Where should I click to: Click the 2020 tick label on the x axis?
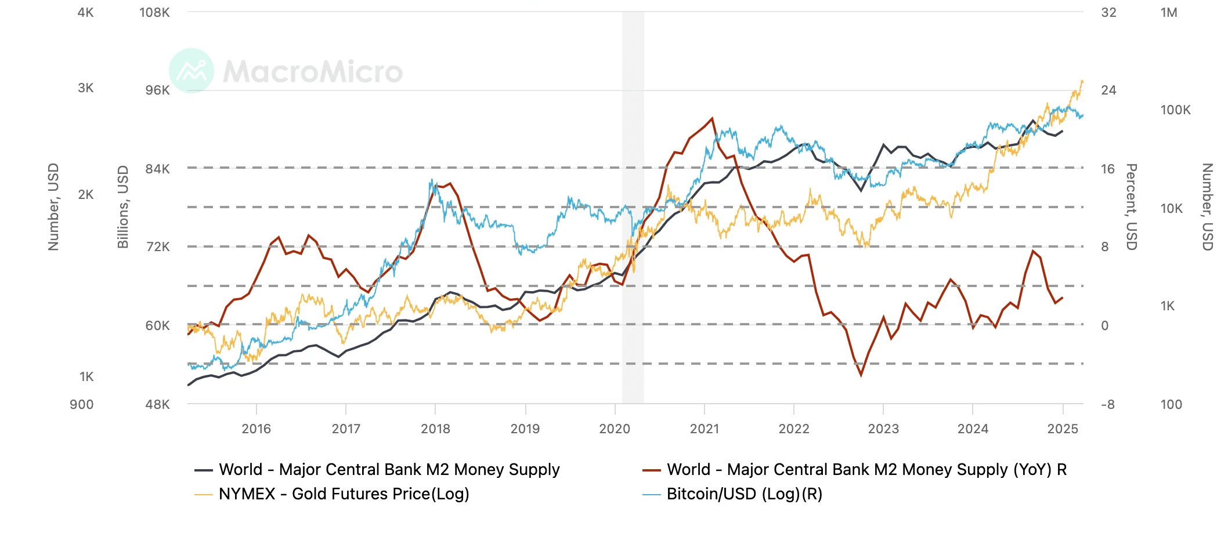pyautogui.click(x=615, y=429)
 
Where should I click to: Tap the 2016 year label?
pyautogui.click(x=256, y=429)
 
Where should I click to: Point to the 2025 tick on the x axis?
pyautogui.click(x=1063, y=429)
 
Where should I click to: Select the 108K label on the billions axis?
pyautogui.click(x=154, y=12)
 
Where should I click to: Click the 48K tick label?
pyautogui.click(x=157, y=404)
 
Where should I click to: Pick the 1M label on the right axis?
pyautogui.click(x=1169, y=12)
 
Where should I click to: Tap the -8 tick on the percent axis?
pyautogui.click(x=1107, y=404)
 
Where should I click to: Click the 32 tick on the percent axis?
pyautogui.click(x=1108, y=12)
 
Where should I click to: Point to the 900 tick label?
pyautogui.click(x=81, y=404)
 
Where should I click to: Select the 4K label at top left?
pyautogui.click(x=85, y=12)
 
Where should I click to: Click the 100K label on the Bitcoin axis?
pyautogui.click(x=1175, y=110)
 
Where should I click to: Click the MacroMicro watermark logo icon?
pyautogui.click(x=192, y=71)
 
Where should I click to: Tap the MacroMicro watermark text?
pyautogui.click(x=313, y=71)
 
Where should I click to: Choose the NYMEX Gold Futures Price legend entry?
pyautogui.click(x=344, y=494)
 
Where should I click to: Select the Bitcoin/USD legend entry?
pyautogui.click(x=744, y=494)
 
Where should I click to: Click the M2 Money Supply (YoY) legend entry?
pyautogui.click(x=866, y=470)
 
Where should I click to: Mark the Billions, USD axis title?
pyautogui.click(x=123, y=207)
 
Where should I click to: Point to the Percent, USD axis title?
pyautogui.click(x=1131, y=207)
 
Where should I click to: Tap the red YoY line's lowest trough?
pyautogui.click(x=861, y=375)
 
